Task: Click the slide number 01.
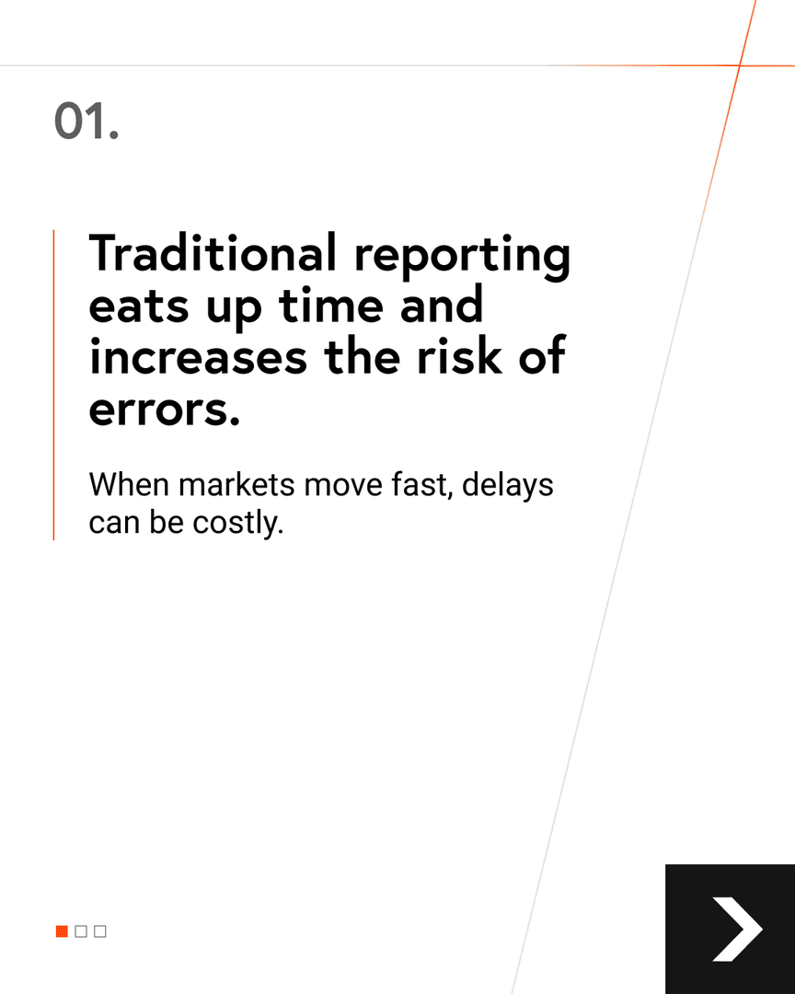click(x=86, y=121)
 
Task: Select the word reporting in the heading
click(x=463, y=256)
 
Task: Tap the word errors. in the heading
click(x=165, y=409)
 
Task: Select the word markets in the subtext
click(x=226, y=484)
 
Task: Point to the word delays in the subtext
click(x=508, y=486)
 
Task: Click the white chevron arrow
click(x=736, y=930)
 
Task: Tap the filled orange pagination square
click(x=62, y=931)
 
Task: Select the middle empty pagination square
click(x=81, y=931)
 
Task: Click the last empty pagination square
click(x=100, y=931)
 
